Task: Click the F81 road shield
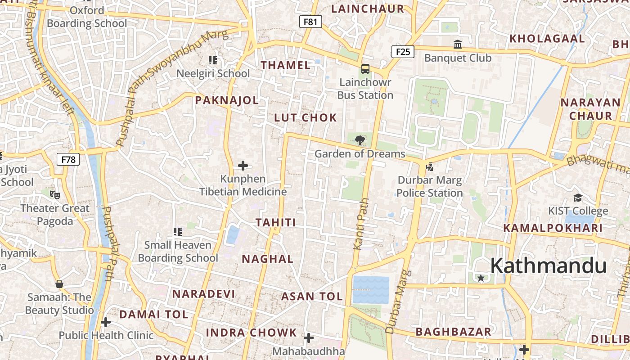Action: point(310,21)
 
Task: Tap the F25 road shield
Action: point(403,52)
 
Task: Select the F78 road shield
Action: point(68,159)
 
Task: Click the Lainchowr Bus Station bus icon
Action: point(365,69)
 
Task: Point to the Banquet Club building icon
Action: point(458,44)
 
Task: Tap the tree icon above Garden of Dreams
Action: point(360,140)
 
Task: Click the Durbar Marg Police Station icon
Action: point(429,167)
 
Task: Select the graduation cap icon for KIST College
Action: point(578,198)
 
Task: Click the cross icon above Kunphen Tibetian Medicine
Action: point(243,166)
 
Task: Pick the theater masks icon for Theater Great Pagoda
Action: point(55,194)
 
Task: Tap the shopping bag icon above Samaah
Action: point(59,284)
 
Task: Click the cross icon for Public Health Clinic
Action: point(106,322)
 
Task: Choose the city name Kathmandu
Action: point(548,265)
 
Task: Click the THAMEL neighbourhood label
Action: point(286,65)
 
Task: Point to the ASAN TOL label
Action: point(312,297)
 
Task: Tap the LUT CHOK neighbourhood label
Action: point(306,118)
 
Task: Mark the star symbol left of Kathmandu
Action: point(481,278)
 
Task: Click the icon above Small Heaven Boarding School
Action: point(178,232)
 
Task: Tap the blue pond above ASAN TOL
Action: point(371,289)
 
